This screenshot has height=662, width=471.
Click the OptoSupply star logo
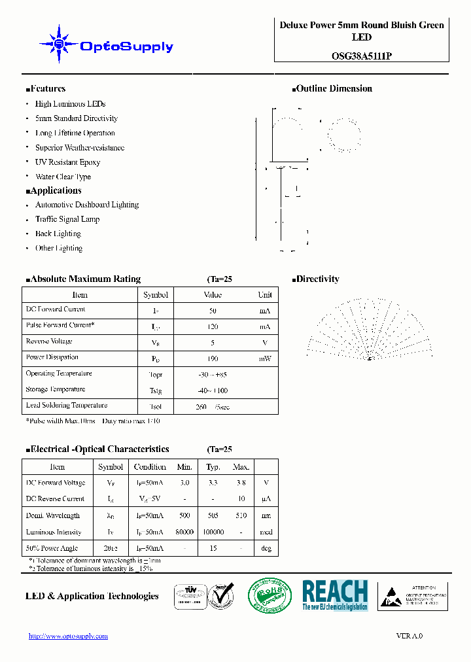(59, 44)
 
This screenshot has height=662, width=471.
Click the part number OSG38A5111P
(361, 56)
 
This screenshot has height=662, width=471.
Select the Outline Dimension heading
(334, 89)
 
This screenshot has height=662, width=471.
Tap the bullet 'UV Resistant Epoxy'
(67, 162)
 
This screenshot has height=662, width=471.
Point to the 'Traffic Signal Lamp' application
(67, 219)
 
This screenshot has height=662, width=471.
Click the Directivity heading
(317, 279)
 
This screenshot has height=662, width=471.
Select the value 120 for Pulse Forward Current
(213, 326)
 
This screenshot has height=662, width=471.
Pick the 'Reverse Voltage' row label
(49, 341)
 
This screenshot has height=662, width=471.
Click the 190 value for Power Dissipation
(213, 358)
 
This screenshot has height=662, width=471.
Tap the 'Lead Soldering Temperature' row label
(67, 406)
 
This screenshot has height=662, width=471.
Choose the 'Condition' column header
(150, 467)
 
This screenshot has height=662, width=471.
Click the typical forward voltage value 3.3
(213, 483)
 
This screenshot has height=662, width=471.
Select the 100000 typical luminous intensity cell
(213, 532)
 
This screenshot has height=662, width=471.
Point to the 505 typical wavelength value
(213, 516)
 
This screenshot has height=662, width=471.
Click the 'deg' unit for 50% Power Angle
(266, 549)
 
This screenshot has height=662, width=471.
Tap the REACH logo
(335, 595)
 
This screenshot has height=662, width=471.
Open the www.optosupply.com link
(69, 636)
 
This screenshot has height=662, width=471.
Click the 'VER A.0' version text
(410, 636)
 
